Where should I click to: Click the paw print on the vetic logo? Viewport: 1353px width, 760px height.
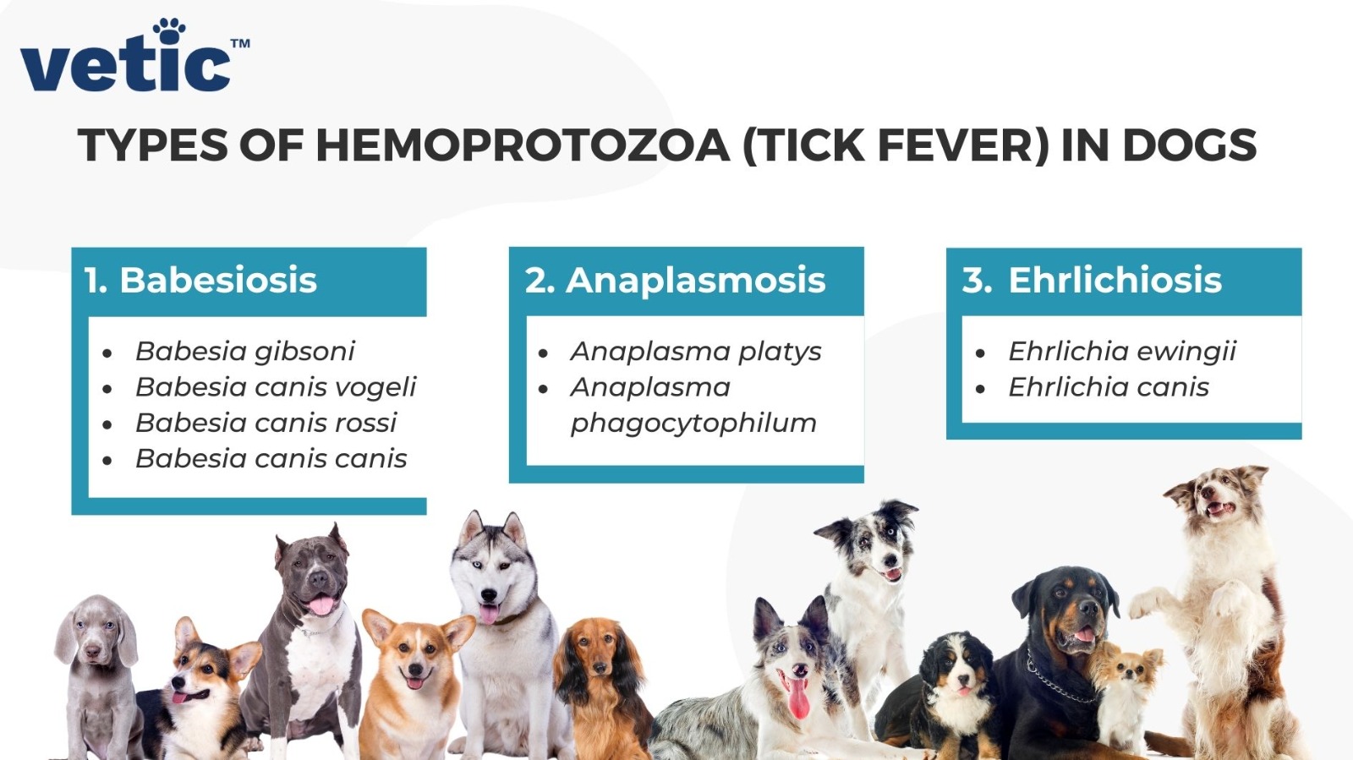coord(168,30)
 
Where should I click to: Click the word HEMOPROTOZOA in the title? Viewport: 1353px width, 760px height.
coord(523,145)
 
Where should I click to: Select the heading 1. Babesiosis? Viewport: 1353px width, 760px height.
coord(200,280)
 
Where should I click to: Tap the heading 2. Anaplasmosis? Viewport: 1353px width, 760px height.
coord(675,281)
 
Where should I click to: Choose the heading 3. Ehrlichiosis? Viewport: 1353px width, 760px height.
coord(1092,280)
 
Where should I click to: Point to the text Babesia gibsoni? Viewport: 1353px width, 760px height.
coord(244,352)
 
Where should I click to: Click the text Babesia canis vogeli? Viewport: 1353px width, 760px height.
coord(276,387)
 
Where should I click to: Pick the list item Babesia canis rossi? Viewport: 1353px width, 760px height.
coord(266,423)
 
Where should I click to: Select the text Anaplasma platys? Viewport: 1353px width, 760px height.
coord(696,352)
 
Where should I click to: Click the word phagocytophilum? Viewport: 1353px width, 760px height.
coord(693,424)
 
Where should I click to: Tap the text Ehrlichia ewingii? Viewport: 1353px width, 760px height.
coord(1122,352)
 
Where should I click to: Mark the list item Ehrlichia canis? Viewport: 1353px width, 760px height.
coord(1109,387)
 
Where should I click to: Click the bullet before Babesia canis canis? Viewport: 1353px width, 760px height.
coord(107,461)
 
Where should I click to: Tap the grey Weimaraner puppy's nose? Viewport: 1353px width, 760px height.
coord(92,651)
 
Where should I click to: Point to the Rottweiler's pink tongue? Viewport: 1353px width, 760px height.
coord(1084,634)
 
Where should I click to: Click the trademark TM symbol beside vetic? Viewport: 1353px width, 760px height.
coord(240,43)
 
